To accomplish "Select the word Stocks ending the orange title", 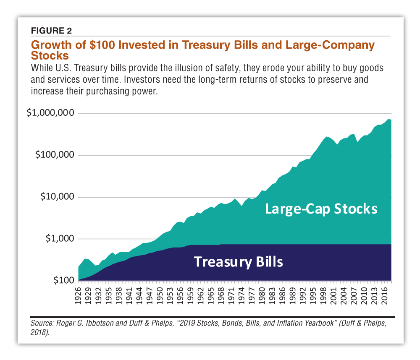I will tap(50, 55).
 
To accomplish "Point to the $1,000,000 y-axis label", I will tap(50, 114).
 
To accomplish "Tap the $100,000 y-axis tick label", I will tap(54, 155).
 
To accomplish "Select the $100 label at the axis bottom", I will tap(63, 280).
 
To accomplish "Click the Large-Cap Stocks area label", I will tap(321, 209).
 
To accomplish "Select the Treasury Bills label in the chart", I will tap(238, 262).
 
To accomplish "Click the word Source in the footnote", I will tap(41, 324).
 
